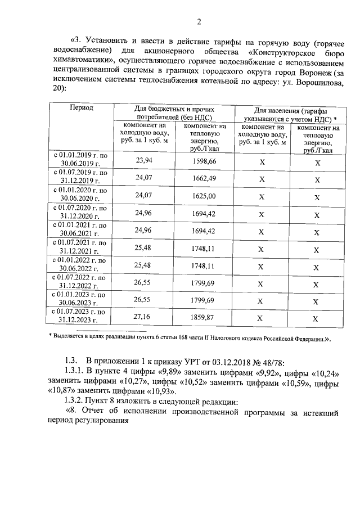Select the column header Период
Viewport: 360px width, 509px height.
[x=81, y=107]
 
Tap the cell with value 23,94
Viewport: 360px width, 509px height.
[x=145, y=160]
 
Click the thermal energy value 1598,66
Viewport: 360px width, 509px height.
[x=204, y=161]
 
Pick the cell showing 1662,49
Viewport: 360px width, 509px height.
[x=204, y=179]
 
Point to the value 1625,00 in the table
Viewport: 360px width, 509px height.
[x=204, y=196]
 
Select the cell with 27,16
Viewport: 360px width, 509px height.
[x=145, y=318]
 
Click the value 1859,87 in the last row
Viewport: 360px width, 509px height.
[x=204, y=318]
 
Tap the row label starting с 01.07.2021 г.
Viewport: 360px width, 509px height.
[x=80, y=247]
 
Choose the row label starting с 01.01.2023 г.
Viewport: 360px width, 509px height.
[x=80, y=299]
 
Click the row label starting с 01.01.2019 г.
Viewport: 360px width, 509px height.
[x=80, y=157]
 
